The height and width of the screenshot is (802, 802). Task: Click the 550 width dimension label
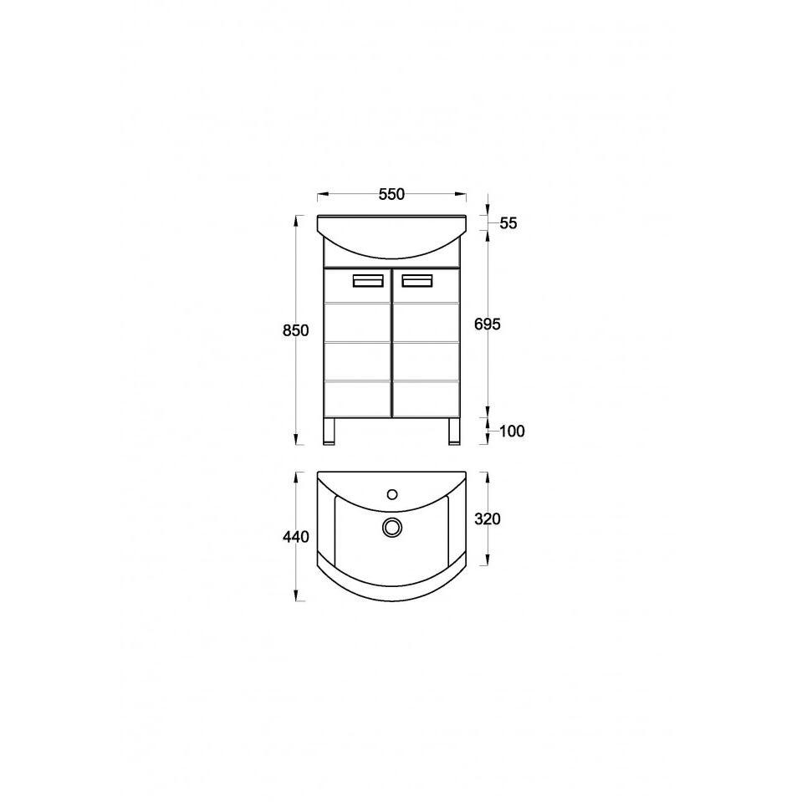point(391,194)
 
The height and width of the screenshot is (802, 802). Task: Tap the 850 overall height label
point(296,330)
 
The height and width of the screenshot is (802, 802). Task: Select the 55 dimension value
point(508,223)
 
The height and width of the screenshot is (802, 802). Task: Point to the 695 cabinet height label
point(488,324)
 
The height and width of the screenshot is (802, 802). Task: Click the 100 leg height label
point(512,432)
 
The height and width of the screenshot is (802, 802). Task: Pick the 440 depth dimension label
point(296,537)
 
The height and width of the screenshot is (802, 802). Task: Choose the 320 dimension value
point(488,518)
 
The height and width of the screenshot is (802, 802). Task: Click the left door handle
point(368,281)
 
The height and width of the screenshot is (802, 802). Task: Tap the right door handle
point(416,281)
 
